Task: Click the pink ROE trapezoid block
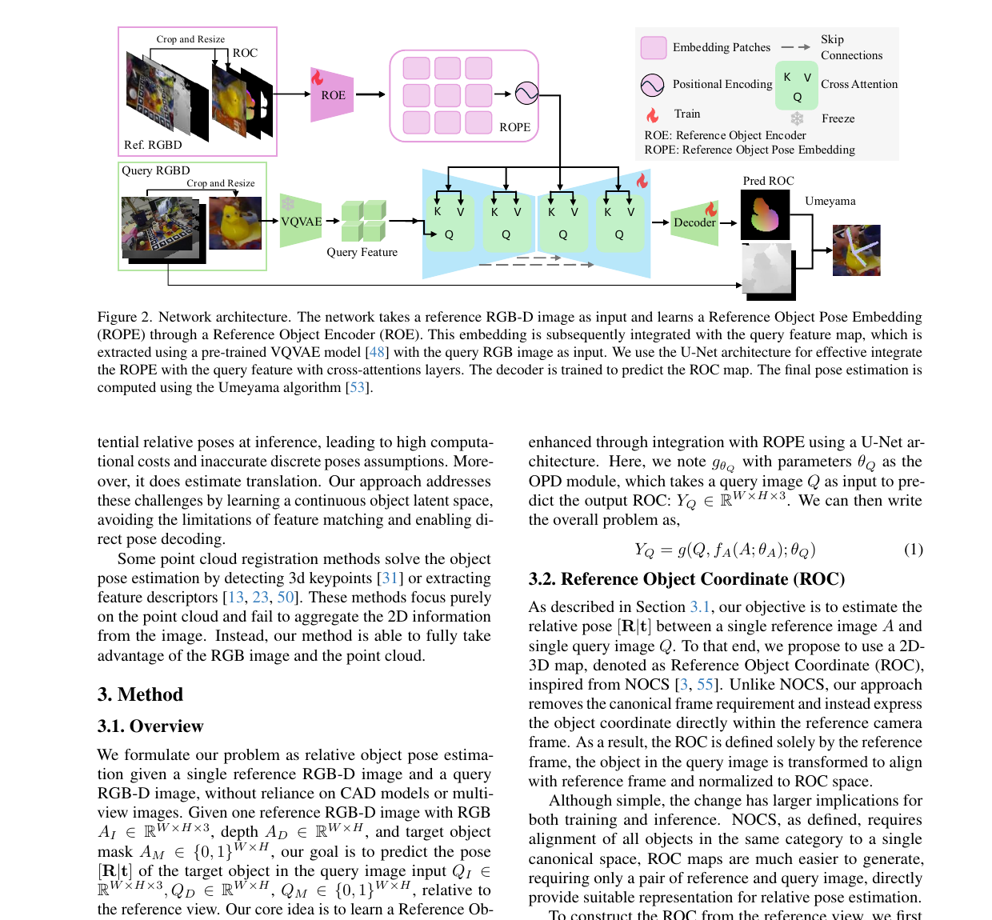(332, 95)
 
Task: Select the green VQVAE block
(301, 221)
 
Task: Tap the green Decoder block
(694, 222)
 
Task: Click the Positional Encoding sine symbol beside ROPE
(526, 94)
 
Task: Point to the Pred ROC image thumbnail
(765, 215)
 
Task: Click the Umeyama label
(830, 201)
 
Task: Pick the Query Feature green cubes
(364, 221)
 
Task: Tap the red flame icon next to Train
(652, 115)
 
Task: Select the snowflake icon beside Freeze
(797, 118)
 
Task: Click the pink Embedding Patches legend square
(654, 47)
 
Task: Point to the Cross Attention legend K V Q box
(797, 86)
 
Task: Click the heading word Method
(150, 694)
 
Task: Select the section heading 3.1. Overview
(150, 726)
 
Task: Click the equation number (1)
(913, 550)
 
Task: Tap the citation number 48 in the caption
(377, 352)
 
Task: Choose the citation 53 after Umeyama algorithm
(357, 387)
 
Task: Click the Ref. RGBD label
(153, 145)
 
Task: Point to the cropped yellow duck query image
(235, 223)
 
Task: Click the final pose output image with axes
(856, 250)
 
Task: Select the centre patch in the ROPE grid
(447, 95)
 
